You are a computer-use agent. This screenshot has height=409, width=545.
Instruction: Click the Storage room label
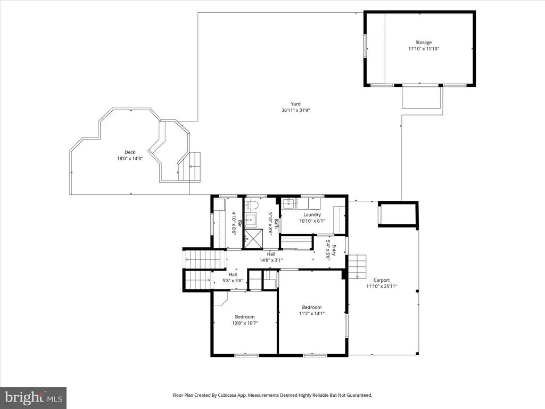(x=423, y=43)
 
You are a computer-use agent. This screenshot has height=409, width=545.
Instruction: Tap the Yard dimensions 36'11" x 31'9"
(x=295, y=110)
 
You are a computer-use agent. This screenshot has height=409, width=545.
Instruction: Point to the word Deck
(x=130, y=152)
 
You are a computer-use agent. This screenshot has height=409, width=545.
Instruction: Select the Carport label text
(x=382, y=280)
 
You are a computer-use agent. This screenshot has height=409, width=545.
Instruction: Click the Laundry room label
(x=312, y=215)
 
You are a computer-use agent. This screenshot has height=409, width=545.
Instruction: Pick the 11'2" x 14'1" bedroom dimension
(x=312, y=313)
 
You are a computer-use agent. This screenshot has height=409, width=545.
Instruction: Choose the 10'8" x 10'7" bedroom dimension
(x=245, y=323)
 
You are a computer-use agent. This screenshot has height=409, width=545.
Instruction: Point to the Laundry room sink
(x=288, y=203)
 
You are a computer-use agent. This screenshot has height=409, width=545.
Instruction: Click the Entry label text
(x=334, y=250)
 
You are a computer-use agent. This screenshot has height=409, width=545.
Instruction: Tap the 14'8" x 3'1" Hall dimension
(x=271, y=260)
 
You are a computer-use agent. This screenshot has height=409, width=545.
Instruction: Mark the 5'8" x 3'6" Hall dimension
(x=233, y=281)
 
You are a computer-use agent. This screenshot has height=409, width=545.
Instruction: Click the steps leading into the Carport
(x=357, y=266)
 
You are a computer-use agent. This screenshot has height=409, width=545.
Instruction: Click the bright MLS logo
(x=34, y=397)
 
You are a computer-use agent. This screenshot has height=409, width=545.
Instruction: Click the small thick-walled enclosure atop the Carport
(x=398, y=214)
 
